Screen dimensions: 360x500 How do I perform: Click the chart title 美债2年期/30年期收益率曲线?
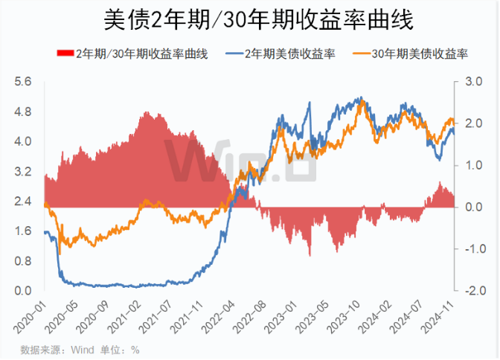[x=249, y=19]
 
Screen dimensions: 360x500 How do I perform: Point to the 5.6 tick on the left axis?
[x=23, y=82]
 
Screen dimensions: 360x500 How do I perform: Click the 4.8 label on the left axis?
[x=23, y=112]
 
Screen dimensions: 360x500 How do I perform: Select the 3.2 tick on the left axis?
[x=23, y=171]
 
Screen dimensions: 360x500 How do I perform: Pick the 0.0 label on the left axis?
[x=23, y=290]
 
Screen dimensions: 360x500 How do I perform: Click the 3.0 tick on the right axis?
[x=475, y=82]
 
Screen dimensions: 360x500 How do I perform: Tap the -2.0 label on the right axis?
[x=473, y=290]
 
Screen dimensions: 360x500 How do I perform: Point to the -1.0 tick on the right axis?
[x=473, y=248]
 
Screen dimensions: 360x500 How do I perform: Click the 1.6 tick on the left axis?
[x=23, y=231]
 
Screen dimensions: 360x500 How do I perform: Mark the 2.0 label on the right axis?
[x=475, y=123]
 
